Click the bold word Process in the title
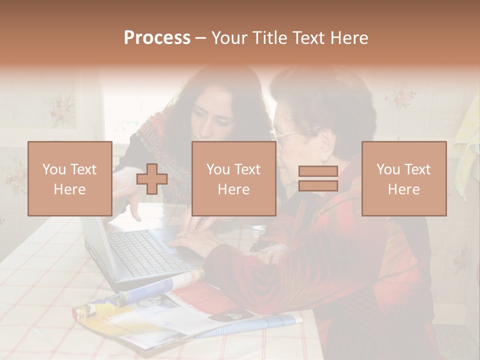coord(157,38)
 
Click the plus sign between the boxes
coord(152,178)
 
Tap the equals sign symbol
coord(318,178)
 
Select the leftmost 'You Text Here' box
coord(70,178)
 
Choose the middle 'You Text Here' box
coord(234,178)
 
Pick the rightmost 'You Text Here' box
coord(404,178)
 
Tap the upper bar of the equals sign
coord(318,171)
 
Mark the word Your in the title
coord(227,38)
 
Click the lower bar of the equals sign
coord(318,185)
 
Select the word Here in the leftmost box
coord(70,189)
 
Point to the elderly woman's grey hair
coord(325,95)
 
